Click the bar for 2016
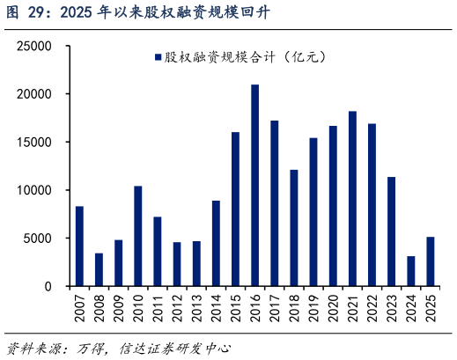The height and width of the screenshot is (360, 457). [x=254, y=186]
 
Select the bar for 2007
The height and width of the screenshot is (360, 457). [x=79, y=246]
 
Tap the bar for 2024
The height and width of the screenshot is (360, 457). [x=410, y=271]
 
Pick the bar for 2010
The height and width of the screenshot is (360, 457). [x=138, y=236]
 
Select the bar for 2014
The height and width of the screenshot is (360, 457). [x=216, y=244]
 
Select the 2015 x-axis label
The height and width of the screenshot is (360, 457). [x=236, y=308]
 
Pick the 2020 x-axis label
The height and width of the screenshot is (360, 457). [x=333, y=308]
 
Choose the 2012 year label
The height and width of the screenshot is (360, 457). [x=177, y=308]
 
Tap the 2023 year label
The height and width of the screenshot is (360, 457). [x=392, y=308]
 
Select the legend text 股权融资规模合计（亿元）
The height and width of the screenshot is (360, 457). [x=246, y=57]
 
